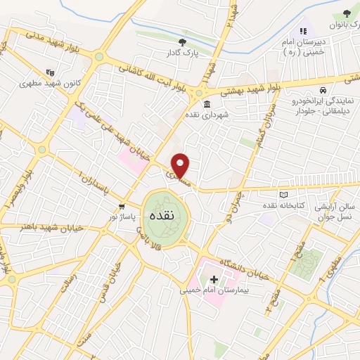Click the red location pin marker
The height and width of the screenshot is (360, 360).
181,165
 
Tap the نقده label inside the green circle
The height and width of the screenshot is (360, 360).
162,216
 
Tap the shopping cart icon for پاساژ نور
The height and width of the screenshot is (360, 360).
122,207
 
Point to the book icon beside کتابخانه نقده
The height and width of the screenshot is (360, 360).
284,195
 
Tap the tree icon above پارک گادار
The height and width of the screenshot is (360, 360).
183,42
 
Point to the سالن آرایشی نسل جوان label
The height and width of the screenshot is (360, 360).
333,210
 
